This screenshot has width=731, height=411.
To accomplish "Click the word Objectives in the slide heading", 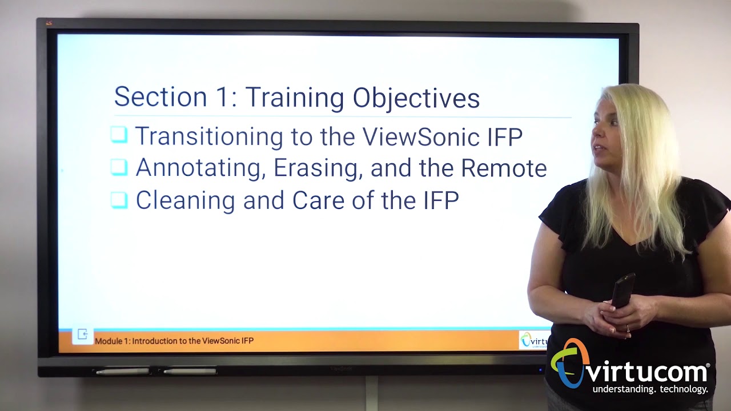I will pyautogui.click(x=416, y=98).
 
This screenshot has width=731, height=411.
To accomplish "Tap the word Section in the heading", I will pyautogui.click(x=160, y=97).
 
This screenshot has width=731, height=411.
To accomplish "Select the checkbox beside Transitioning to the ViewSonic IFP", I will pyautogui.click(x=119, y=135).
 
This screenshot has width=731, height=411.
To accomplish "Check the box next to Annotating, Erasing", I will pyautogui.click(x=119, y=167).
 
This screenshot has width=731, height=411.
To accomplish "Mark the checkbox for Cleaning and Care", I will pyautogui.click(x=119, y=200).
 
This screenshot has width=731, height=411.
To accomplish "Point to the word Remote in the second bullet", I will pyautogui.click(x=504, y=168).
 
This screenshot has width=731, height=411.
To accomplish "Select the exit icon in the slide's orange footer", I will pyautogui.click(x=82, y=335).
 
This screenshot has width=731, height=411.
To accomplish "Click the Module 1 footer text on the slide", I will pyautogui.click(x=174, y=341).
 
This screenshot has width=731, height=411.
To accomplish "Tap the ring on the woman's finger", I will pyautogui.click(x=628, y=328).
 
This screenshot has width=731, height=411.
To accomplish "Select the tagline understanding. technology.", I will pyautogui.click(x=650, y=389).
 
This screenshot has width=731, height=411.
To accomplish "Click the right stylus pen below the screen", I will pyautogui.click(x=190, y=372).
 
